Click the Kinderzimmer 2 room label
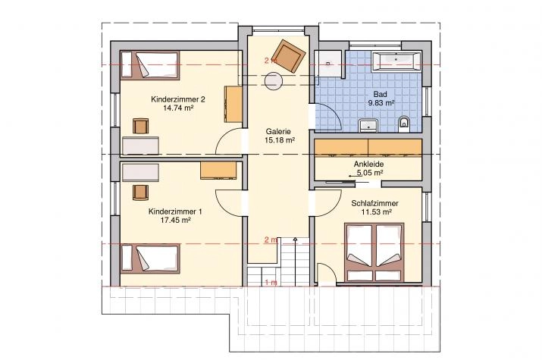178,99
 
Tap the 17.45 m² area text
176,220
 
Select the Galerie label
278,132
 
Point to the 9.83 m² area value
381,102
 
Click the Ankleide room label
368,164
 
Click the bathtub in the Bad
396,61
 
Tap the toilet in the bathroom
403,124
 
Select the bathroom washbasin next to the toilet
369,125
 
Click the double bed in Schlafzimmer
374,252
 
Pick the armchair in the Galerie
289,56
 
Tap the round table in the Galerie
274,81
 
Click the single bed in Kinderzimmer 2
150,64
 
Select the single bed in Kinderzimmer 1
150,258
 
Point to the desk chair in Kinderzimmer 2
141,126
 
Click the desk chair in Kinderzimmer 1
141,193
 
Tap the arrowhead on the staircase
295,239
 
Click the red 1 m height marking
271,283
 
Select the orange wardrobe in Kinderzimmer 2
233,104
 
